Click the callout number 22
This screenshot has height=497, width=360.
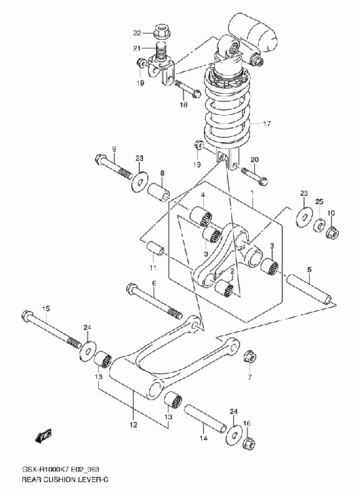[137, 33]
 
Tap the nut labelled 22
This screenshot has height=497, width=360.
[160, 32]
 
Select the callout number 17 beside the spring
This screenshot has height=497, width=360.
[267, 123]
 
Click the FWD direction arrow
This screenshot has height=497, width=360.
[43, 437]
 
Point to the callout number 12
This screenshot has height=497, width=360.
[133, 425]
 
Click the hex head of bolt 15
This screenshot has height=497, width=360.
[27, 315]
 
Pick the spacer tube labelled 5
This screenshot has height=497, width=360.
[309, 290]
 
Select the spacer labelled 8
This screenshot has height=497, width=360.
[159, 193]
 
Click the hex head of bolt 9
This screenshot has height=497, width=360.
[101, 157]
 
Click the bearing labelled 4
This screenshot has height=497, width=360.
[201, 216]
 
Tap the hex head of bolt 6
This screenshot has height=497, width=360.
[132, 288]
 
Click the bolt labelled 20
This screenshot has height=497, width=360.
[255, 176]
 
